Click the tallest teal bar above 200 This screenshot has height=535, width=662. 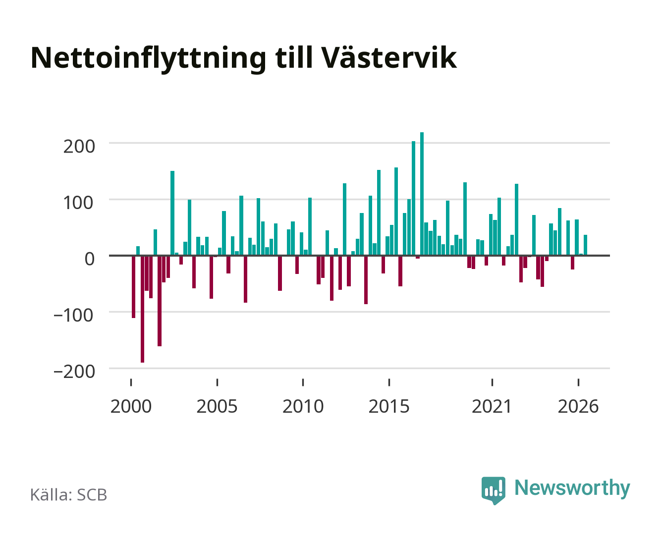[422, 194]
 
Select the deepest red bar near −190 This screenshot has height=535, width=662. [142, 309]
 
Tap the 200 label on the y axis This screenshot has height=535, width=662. [79, 147]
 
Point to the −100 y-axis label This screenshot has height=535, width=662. [73, 316]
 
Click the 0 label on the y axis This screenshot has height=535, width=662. [90, 259]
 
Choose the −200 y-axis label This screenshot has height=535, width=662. [74, 372]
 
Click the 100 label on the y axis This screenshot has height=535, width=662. [78, 203]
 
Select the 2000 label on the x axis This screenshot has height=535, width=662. [131, 406]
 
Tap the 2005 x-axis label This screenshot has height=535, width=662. [217, 406]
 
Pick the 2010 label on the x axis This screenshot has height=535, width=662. [303, 406]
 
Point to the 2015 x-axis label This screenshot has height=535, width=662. [389, 406]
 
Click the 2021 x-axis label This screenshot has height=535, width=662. [492, 406]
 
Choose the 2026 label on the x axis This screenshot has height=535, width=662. [578, 406]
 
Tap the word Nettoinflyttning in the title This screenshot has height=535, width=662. [149, 59]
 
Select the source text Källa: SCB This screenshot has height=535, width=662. [69, 494]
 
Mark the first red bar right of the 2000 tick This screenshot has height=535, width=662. [134, 287]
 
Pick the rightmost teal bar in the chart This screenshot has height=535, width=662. [585, 245]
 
